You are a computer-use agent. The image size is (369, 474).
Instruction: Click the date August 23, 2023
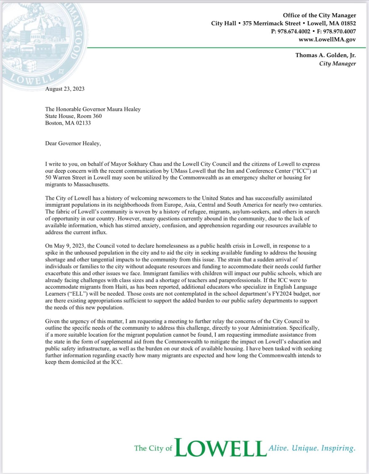pos(65,89)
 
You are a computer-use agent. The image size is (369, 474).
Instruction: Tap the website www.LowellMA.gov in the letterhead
pos(327,39)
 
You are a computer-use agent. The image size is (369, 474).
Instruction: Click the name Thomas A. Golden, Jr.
pos(326,55)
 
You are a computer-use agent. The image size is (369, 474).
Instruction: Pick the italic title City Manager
pos(337,64)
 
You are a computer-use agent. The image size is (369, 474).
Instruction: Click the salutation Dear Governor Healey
pos(73,143)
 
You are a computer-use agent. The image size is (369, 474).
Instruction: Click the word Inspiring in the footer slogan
pos(338,448)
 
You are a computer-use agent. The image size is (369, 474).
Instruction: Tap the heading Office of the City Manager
pos(319,15)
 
